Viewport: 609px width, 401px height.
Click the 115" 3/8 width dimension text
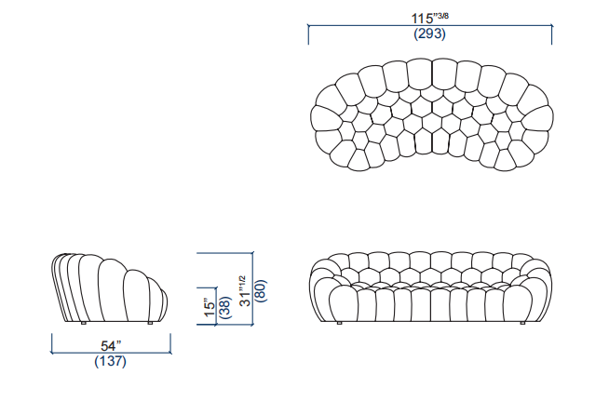coord(430,18)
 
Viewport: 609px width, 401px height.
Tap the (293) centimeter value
coord(429,33)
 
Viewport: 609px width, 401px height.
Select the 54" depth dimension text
coord(111,345)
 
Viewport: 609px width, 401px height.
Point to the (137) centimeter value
coord(110,361)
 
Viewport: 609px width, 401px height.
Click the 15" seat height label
coord(210,307)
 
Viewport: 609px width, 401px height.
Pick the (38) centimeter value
coord(225,307)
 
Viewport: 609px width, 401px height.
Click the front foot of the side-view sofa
coord(150,323)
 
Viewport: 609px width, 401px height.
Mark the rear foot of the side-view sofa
coord(83,323)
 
